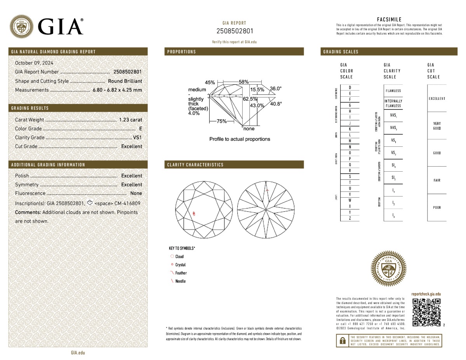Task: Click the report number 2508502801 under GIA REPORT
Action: pos(234,31)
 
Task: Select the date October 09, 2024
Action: pos(34,63)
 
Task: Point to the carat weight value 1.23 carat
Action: pos(130,120)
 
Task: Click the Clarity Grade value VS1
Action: pos(137,137)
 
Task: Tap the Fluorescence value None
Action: pos(136,193)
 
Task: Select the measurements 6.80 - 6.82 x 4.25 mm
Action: pos(117,90)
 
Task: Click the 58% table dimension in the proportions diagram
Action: pos(243,82)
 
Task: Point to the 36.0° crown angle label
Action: pos(276,89)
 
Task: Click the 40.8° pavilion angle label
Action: pos(276,104)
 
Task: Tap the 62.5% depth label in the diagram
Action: pos(250,99)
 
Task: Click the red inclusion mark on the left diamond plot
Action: pos(194,213)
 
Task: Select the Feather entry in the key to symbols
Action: pos(181,273)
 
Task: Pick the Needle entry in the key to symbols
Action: pos(180,281)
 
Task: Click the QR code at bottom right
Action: pos(426,313)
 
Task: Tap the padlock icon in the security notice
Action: pos(342,341)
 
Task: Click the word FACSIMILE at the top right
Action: pos(389,19)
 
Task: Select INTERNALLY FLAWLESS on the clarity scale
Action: pos(393,104)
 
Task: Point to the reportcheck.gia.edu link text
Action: pos(426,294)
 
